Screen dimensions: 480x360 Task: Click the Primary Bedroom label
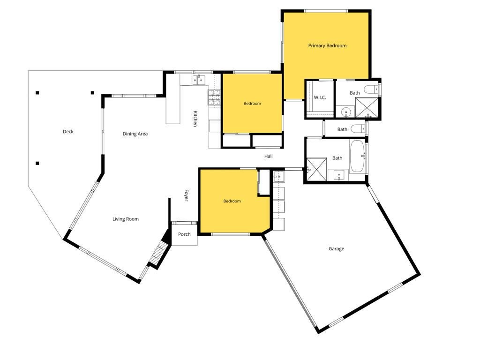327,45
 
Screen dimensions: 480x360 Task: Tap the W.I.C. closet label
320,97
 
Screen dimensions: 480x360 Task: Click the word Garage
336,249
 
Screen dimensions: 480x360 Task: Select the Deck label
68,132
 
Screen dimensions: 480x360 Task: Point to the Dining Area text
135,134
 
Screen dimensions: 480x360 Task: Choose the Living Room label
126,219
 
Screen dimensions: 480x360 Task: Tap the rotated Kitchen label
195,119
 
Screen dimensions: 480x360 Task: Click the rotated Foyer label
186,195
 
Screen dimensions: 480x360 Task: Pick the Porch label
184,234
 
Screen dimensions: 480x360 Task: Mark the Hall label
269,156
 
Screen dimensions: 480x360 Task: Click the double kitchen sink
199,80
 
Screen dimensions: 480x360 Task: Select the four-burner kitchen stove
215,97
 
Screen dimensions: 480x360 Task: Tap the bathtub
357,156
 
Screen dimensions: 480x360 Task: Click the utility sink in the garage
279,176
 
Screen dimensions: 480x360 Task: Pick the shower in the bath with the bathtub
316,169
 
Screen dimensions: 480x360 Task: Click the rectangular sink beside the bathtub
338,175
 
